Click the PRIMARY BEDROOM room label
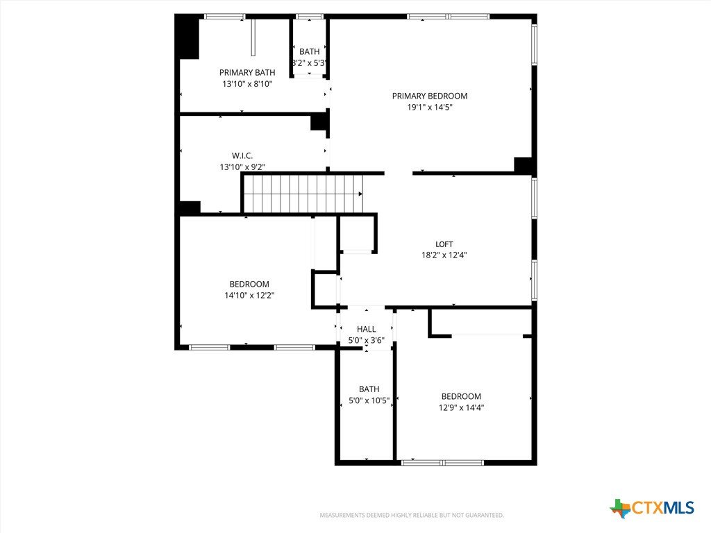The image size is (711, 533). (429, 96)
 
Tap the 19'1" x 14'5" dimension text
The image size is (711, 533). (429, 108)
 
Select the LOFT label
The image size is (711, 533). (444, 244)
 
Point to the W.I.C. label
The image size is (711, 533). (242, 156)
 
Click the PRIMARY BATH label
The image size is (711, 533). (247, 72)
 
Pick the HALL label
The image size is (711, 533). (366, 329)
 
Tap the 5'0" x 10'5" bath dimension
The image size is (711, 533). (369, 400)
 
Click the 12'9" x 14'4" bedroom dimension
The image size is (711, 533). (461, 407)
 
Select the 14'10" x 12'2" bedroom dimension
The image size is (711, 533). (249, 296)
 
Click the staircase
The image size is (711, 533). (303, 194)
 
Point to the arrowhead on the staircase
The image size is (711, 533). (360, 194)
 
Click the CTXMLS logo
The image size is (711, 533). (652, 507)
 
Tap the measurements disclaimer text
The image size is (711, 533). (412, 516)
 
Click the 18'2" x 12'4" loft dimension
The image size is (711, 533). (444, 255)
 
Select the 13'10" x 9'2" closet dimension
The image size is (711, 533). (242, 167)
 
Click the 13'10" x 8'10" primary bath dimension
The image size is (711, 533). (247, 84)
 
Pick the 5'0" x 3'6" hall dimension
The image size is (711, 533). (366, 340)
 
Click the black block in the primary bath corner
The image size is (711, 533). (187, 37)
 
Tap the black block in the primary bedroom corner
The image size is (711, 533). (524, 165)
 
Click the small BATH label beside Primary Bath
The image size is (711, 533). (309, 51)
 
